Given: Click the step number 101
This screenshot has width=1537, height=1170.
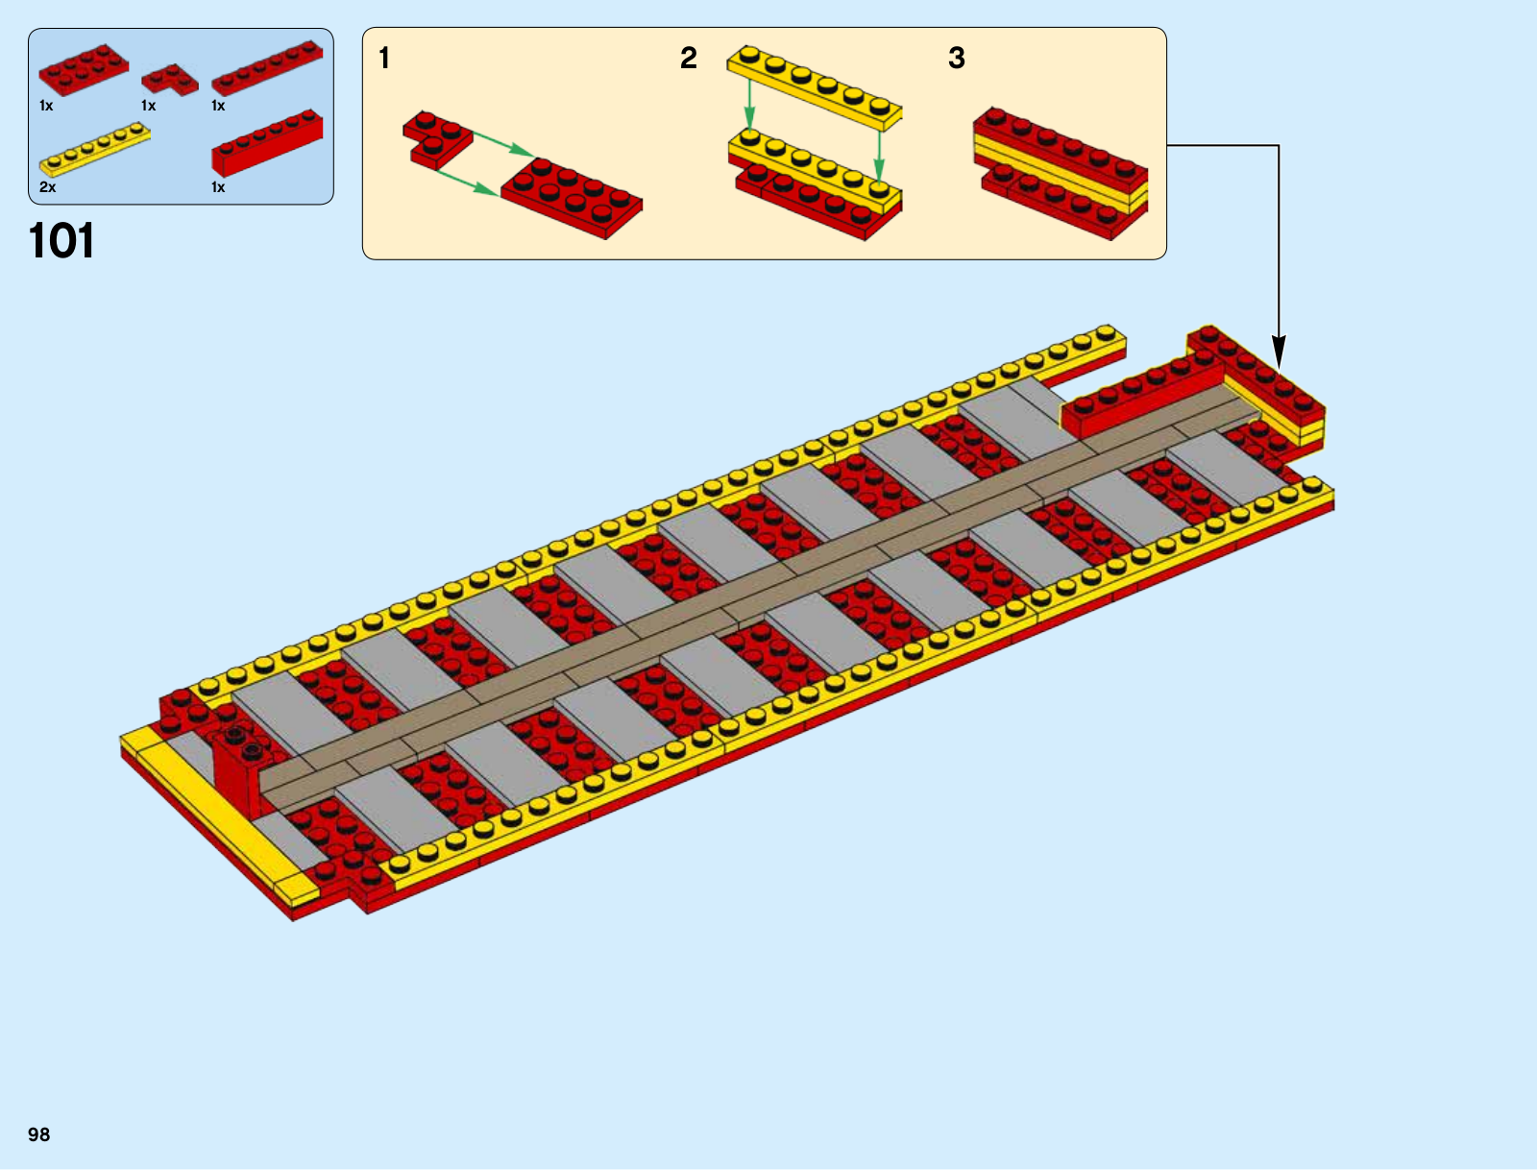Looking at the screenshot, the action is [x=61, y=241].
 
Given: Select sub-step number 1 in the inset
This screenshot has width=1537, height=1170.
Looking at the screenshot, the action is [x=383, y=58].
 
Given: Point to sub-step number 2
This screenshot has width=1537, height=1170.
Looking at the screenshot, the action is [x=689, y=58].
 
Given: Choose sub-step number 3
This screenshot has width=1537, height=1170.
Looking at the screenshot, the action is [x=957, y=58].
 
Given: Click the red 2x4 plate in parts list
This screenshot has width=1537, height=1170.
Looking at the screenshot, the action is [x=84, y=69].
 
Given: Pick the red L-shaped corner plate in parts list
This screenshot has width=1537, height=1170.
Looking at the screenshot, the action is [x=170, y=79].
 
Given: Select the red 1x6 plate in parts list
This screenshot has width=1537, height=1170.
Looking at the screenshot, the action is [x=267, y=67].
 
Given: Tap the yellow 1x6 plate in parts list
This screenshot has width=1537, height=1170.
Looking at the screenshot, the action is [x=94, y=149].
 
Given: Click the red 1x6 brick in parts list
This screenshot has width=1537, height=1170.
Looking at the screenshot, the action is [x=267, y=143].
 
